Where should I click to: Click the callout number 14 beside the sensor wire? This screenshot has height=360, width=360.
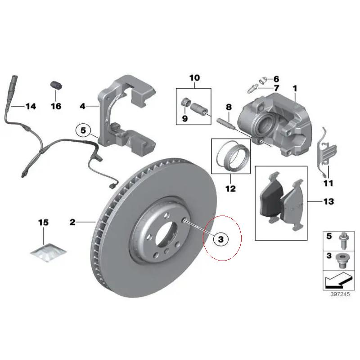31,107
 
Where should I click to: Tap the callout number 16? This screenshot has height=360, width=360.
55,107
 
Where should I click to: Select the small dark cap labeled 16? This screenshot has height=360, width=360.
55,85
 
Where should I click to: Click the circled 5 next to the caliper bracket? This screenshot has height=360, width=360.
83,131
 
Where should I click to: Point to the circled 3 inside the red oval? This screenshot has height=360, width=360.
220,239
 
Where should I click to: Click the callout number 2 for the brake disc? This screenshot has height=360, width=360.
72,222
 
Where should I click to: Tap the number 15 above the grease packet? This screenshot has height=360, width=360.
43,223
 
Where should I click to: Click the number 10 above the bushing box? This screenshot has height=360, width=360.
194,78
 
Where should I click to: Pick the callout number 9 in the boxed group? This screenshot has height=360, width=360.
184,118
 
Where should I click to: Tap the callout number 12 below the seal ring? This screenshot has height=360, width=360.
230,189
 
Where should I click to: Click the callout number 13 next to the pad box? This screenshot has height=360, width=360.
328,201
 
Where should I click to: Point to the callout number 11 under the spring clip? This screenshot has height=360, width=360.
328,183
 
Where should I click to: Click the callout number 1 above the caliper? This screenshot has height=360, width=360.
295,88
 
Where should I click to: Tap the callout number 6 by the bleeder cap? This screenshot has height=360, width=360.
276,79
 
